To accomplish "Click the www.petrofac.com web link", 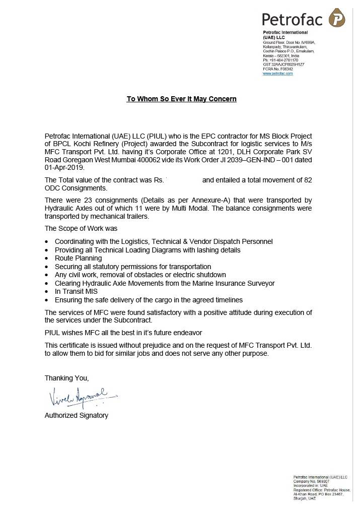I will pos(277,74).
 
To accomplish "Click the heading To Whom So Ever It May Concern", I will pos(181,99).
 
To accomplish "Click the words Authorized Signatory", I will pos(76,415).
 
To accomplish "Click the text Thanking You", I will pos(66,377).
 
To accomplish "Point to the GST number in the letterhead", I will pos(283,65).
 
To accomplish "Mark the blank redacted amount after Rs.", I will pos(183,180).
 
